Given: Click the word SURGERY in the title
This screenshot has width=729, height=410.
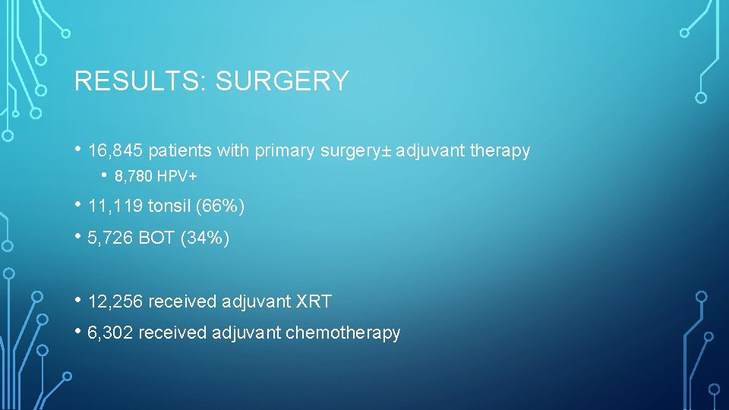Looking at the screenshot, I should tap(282, 81).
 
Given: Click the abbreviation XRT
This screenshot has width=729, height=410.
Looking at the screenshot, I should tap(314, 301).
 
